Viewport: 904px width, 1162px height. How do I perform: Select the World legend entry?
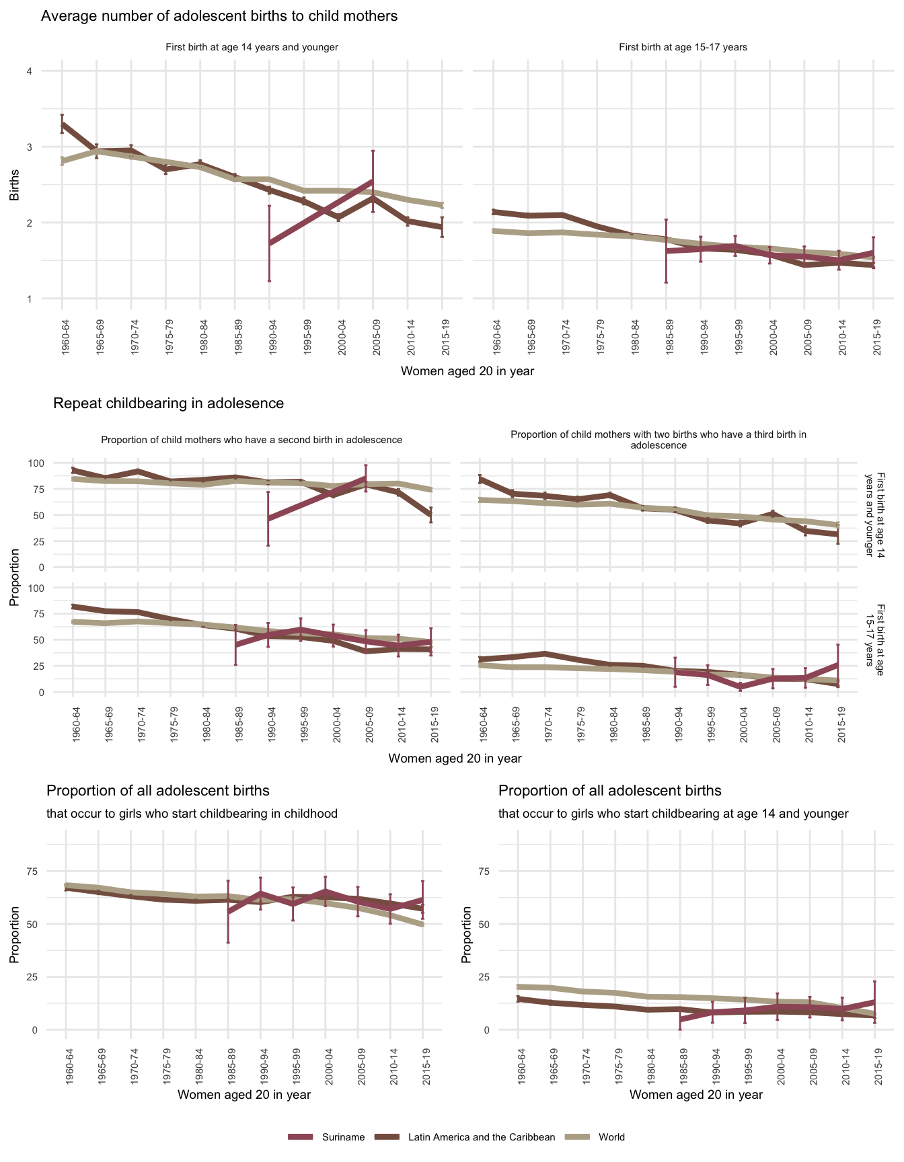coord(611,1137)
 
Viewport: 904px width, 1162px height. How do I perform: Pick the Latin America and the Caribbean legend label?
coord(482,1137)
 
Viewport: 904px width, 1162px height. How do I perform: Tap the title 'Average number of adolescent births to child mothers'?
coord(219,16)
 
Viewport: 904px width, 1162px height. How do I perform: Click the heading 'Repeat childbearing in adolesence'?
coord(168,403)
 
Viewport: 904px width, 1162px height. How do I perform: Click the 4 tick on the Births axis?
coord(29,71)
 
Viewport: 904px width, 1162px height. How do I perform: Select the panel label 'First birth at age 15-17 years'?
coord(683,47)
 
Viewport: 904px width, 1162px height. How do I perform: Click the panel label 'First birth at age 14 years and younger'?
coord(252,47)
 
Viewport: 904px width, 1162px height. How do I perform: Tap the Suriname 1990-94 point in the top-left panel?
coord(269,243)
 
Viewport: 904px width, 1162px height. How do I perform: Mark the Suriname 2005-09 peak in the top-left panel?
coord(373,180)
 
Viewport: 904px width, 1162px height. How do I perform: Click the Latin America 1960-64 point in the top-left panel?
coord(62,124)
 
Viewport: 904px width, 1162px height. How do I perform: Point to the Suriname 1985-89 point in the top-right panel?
coord(666,251)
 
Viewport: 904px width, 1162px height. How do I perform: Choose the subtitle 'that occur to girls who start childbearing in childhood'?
coord(192,814)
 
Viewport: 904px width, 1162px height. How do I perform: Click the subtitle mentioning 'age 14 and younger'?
coord(673,814)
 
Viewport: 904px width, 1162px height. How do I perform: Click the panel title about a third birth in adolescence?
coord(658,440)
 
